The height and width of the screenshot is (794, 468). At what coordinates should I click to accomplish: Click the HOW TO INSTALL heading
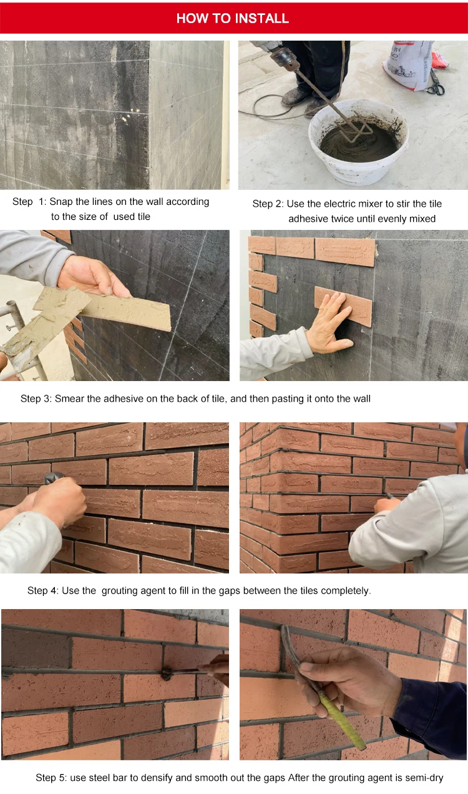(x=233, y=19)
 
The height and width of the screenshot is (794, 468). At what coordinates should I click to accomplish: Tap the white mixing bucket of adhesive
(x=359, y=144)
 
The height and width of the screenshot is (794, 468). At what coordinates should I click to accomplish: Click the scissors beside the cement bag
(x=436, y=82)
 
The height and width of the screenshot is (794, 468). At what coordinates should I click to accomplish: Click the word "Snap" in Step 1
(x=61, y=202)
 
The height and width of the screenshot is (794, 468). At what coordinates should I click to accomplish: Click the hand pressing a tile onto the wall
(x=329, y=322)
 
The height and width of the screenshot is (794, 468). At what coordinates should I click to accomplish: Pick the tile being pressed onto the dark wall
(x=343, y=306)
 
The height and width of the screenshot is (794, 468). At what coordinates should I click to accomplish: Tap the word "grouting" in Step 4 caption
(x=120, y=591)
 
